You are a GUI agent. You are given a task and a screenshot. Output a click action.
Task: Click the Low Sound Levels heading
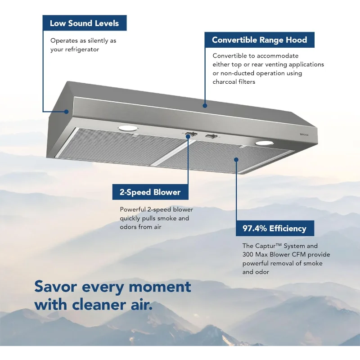85,23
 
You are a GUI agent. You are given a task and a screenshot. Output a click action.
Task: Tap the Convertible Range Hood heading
259,40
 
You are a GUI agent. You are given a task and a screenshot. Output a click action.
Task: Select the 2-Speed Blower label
150,192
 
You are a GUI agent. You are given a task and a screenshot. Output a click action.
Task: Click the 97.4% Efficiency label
274,228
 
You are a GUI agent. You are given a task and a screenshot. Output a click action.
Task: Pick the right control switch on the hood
211,136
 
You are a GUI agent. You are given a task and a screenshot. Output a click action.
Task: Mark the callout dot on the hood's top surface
205,106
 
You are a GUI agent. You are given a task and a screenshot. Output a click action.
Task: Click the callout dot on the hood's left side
67,111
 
